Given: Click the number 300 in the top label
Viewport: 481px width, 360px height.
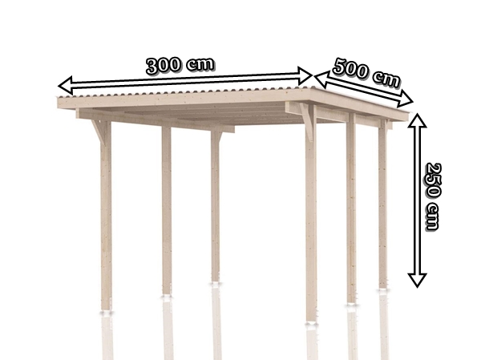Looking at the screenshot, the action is (163, 66).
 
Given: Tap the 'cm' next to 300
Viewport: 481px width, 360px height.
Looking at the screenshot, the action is (200, 64).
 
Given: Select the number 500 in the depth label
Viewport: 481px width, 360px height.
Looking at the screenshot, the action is (350, 69).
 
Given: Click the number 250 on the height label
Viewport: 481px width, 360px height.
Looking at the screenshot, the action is (433, 180).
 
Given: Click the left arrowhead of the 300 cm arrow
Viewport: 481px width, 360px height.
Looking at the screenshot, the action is (66, 85).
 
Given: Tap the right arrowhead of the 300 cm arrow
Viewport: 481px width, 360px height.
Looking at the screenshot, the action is (305, 76).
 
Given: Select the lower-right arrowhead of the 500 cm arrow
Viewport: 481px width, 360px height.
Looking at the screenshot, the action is (405, 99).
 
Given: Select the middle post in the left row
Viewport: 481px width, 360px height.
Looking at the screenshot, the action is (167, 210).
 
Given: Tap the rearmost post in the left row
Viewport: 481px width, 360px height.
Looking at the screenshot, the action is (215, 206).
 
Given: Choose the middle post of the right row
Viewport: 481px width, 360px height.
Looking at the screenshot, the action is (352, 208).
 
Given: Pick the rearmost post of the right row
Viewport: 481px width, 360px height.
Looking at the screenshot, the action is (383, 204).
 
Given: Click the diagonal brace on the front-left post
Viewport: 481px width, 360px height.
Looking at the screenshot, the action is (99, 132).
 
